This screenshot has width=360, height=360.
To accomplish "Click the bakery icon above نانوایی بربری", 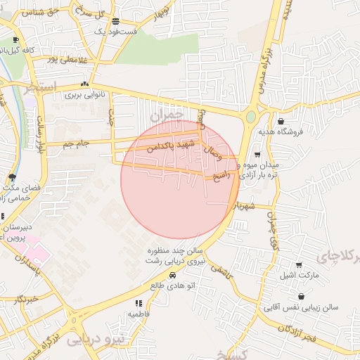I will pos(84,84).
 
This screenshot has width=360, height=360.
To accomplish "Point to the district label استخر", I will pos(39,89).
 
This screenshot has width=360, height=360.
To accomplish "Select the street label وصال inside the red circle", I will pos(212,150).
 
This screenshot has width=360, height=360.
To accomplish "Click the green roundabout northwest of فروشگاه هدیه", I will pos(251,117).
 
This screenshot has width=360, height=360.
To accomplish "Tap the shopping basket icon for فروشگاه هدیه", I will pos(281,121).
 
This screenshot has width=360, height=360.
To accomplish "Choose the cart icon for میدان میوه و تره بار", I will pos(257,155).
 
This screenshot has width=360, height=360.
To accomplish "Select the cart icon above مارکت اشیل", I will pos(300,265).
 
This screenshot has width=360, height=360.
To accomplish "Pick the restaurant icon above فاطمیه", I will pos(138,303).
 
